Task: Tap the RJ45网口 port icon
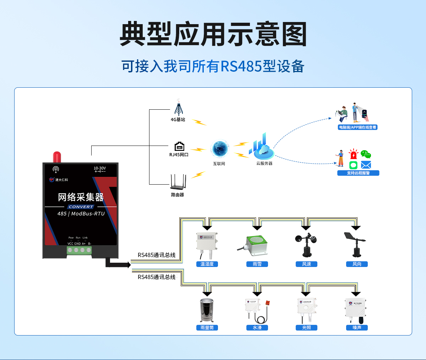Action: coord(179,146)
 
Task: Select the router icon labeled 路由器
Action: coord(178,182)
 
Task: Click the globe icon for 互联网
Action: coord(219,149)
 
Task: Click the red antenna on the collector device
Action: coord(57,157)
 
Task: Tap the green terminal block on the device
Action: coord(79,250)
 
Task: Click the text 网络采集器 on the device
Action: coord(81,197)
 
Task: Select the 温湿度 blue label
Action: coord(207,264)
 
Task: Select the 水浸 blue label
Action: coord(257,328)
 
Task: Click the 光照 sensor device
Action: coord(306,309)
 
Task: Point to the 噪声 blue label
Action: coord(357,328)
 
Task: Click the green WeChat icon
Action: coord(366,154)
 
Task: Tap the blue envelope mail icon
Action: coord(366,165)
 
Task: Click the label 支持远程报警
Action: coord(358,173)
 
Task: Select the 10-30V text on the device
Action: coord(100,168)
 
